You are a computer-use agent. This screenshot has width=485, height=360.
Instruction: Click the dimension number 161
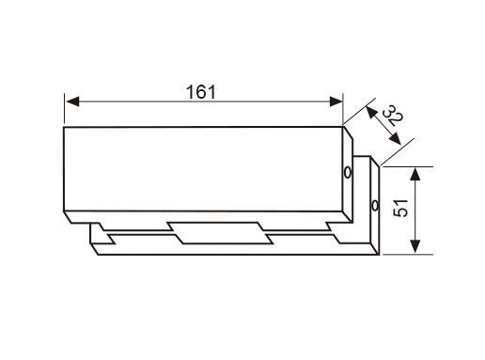tap(201, 92)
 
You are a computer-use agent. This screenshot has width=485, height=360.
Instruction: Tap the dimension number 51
tap(400, 208)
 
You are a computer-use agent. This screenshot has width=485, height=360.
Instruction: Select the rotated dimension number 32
tap(393, 116)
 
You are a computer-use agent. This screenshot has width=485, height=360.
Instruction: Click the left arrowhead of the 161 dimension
tap(72, 102)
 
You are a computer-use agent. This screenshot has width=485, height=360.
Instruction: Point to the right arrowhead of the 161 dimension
tap(336, 102)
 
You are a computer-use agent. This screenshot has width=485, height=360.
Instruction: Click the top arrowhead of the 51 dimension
tap(415, 174)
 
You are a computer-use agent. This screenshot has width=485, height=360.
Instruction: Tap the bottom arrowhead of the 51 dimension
tap(415, 246)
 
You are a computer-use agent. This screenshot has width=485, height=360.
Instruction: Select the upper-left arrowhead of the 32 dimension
tap(371, 113)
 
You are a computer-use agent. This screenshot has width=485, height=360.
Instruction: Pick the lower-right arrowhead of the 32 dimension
tap(395, 139)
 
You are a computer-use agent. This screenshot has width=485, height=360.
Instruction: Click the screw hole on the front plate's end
tap(348, 173)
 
